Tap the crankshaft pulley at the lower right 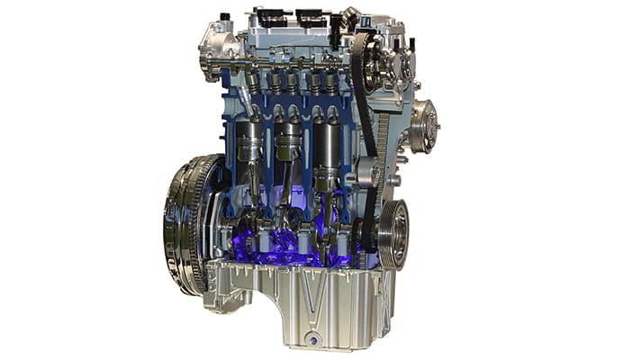click(x=393, y=232)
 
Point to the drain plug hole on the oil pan click(x=312, y=340)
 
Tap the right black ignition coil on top click(x=311, y=17)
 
